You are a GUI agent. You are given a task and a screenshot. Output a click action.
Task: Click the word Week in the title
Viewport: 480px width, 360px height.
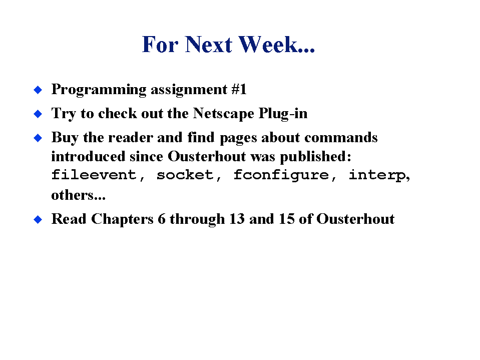pos(268,45)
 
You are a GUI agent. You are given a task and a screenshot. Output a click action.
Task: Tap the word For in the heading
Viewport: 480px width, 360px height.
pos(160,45)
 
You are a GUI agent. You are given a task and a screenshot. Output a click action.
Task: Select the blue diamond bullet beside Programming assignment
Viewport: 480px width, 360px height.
pos(38,90)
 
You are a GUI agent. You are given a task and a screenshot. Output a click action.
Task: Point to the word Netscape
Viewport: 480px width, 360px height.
pos(223,113)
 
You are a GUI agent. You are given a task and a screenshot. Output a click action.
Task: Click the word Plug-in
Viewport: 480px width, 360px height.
pos(283,114)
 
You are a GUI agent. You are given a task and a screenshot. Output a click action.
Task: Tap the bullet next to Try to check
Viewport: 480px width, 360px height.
pos(38,114)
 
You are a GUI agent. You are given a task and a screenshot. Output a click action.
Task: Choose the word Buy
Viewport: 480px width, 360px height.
pos(65,138)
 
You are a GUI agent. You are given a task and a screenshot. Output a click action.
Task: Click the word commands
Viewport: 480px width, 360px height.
pos(341,138)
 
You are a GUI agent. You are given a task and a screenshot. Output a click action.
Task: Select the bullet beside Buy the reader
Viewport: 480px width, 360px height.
pos(38,138)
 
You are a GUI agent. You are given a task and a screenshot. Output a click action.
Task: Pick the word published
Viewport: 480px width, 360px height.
pos(316,157)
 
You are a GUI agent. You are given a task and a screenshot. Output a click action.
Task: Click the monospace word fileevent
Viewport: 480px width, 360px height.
pos(94,175)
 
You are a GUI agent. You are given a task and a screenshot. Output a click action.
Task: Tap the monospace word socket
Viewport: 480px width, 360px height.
pos(185,175)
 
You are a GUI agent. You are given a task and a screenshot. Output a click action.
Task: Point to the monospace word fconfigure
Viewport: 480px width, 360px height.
pos(281,175)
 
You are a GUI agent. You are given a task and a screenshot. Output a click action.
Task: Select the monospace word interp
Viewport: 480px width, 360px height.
pos(377,175)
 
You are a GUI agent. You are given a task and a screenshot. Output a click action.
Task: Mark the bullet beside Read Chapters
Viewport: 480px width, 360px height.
pos(38,219)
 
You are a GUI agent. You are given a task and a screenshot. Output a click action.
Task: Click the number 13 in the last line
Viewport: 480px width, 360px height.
pos(237,219)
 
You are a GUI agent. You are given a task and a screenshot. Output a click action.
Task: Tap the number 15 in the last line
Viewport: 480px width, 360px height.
pos(286,219)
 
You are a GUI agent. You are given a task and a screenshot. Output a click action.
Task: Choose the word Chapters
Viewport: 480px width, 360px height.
pos(122,219)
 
